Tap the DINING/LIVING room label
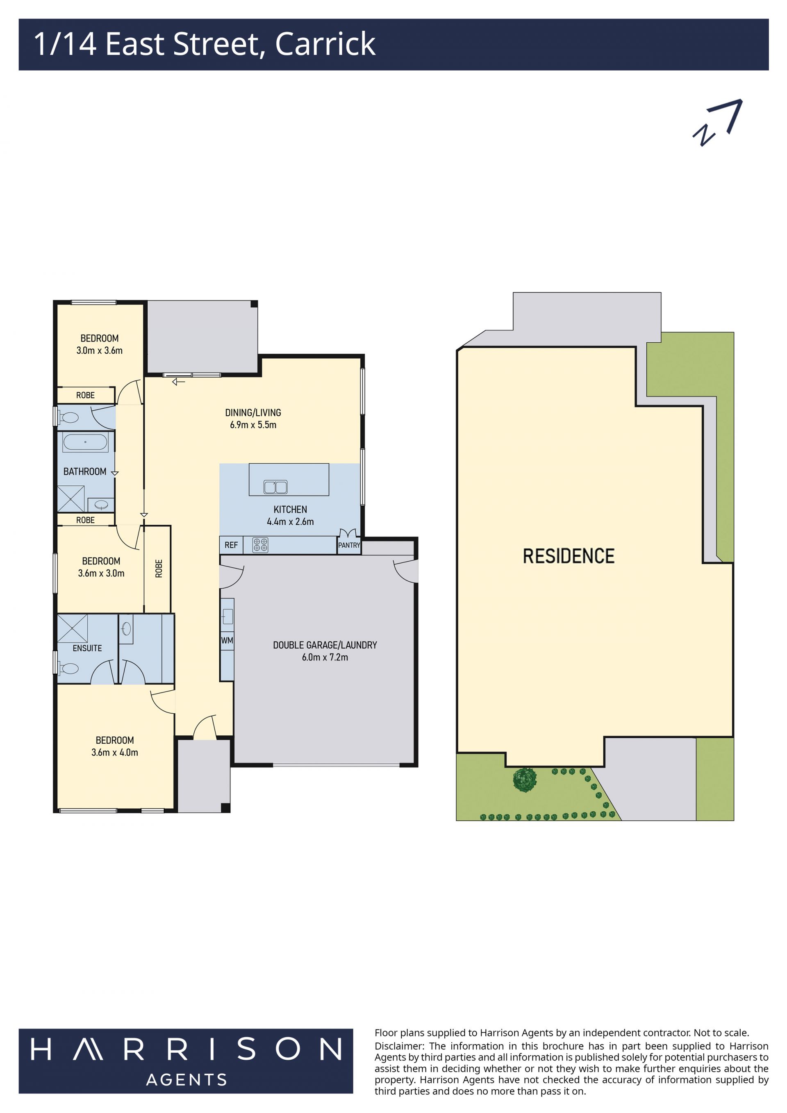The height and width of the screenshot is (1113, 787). pos(253,412)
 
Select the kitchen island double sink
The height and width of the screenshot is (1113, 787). pos(275,487)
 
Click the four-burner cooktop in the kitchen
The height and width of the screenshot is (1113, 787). pos(260,545)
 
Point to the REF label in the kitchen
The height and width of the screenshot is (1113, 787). pos(231,545)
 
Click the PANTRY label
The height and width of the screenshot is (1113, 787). pos(349,545)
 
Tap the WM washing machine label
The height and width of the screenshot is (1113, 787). pos(227,640)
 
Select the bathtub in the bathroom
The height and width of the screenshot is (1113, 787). pos(85,442)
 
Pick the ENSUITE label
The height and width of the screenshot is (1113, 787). pos(87,648)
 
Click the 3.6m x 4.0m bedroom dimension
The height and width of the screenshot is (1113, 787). pos(115,752)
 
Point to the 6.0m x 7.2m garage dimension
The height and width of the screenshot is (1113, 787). pos(325,657)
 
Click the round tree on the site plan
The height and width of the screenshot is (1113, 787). pos(525,780)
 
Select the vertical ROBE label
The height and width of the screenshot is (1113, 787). pos(159,568)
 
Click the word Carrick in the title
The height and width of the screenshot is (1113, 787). pos(325,44)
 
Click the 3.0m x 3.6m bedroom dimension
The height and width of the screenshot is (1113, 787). pos(99,351)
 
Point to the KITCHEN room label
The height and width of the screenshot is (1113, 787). pos(290,510)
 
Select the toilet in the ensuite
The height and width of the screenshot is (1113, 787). pos(68,669)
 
